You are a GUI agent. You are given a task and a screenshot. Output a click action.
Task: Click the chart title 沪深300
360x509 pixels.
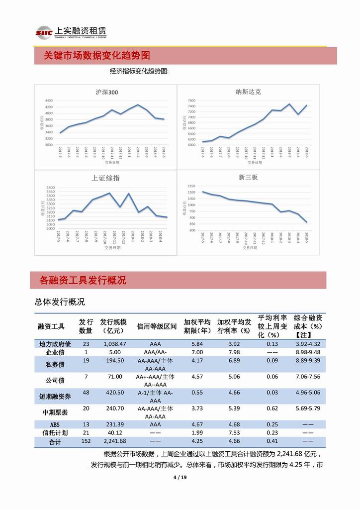coord(106,92)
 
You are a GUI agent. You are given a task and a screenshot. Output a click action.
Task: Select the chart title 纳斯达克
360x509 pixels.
coord(248,92)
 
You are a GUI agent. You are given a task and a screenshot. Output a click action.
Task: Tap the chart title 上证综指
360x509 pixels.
coord(106,178)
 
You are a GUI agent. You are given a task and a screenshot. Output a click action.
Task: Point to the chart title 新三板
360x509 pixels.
coord(248,177)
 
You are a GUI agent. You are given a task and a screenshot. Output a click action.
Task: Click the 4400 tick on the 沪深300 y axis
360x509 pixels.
coord(48,101)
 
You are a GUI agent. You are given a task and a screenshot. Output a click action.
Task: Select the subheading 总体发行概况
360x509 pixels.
coord(60,302)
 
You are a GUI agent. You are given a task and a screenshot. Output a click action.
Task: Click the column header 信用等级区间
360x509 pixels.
coord(157,326)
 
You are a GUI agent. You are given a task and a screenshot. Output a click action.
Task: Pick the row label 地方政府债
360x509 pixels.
coord(55,344)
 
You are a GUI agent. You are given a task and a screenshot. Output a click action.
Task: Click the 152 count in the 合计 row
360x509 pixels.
coord(86,441)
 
